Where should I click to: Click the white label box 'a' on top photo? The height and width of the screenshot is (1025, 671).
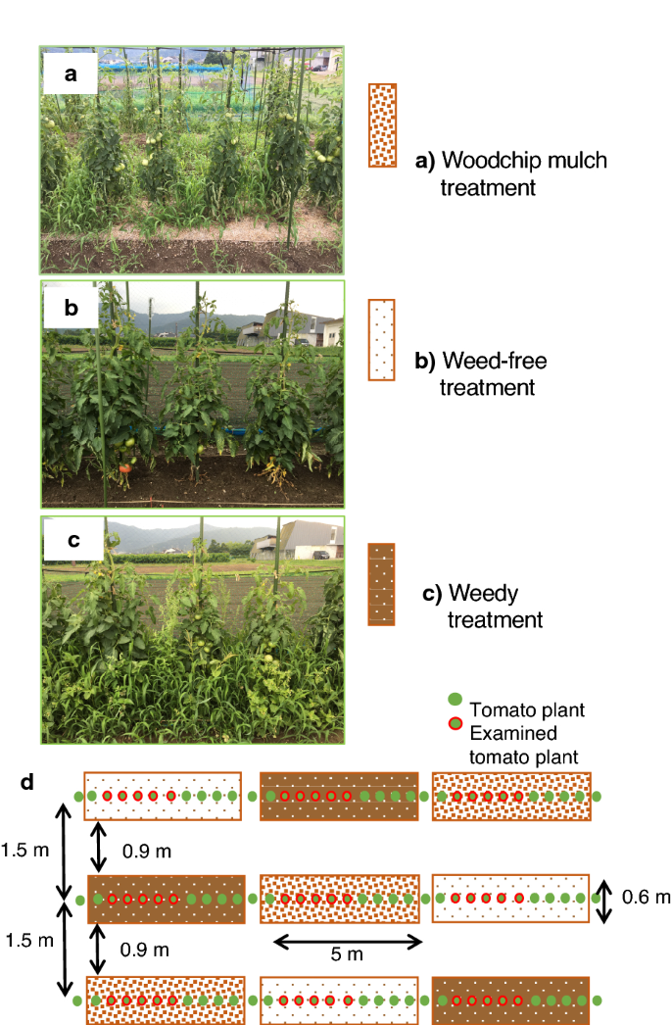tap(70, 73)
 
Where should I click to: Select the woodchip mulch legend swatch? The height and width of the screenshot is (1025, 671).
tap(382, 125)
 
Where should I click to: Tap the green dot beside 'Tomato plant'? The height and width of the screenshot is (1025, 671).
tap(454, 700)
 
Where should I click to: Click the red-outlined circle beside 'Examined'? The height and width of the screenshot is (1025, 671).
tap(454, 724)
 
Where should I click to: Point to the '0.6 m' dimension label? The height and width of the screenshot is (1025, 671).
tap(646, 897)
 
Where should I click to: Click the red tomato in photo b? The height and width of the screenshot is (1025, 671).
tap(124, 468)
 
